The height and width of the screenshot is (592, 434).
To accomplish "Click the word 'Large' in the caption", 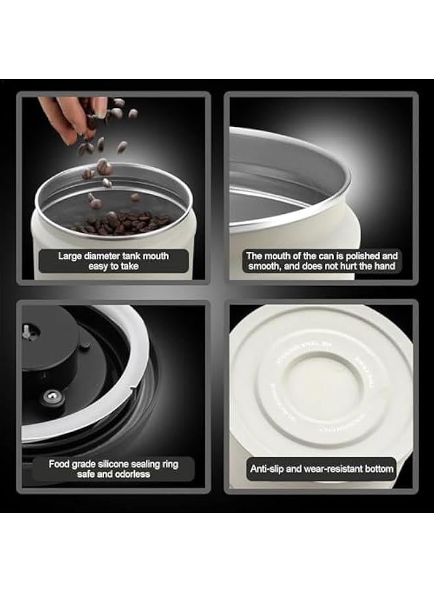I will [x=72, y=256].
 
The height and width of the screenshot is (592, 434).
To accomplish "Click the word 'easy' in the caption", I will [x=100, y=266].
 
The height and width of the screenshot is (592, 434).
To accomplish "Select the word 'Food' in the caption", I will [x=60, y=463].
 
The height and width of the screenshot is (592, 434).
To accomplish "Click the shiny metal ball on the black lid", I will [x=49, y=396].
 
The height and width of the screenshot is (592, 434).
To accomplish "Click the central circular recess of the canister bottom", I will [x=322, y=382].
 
